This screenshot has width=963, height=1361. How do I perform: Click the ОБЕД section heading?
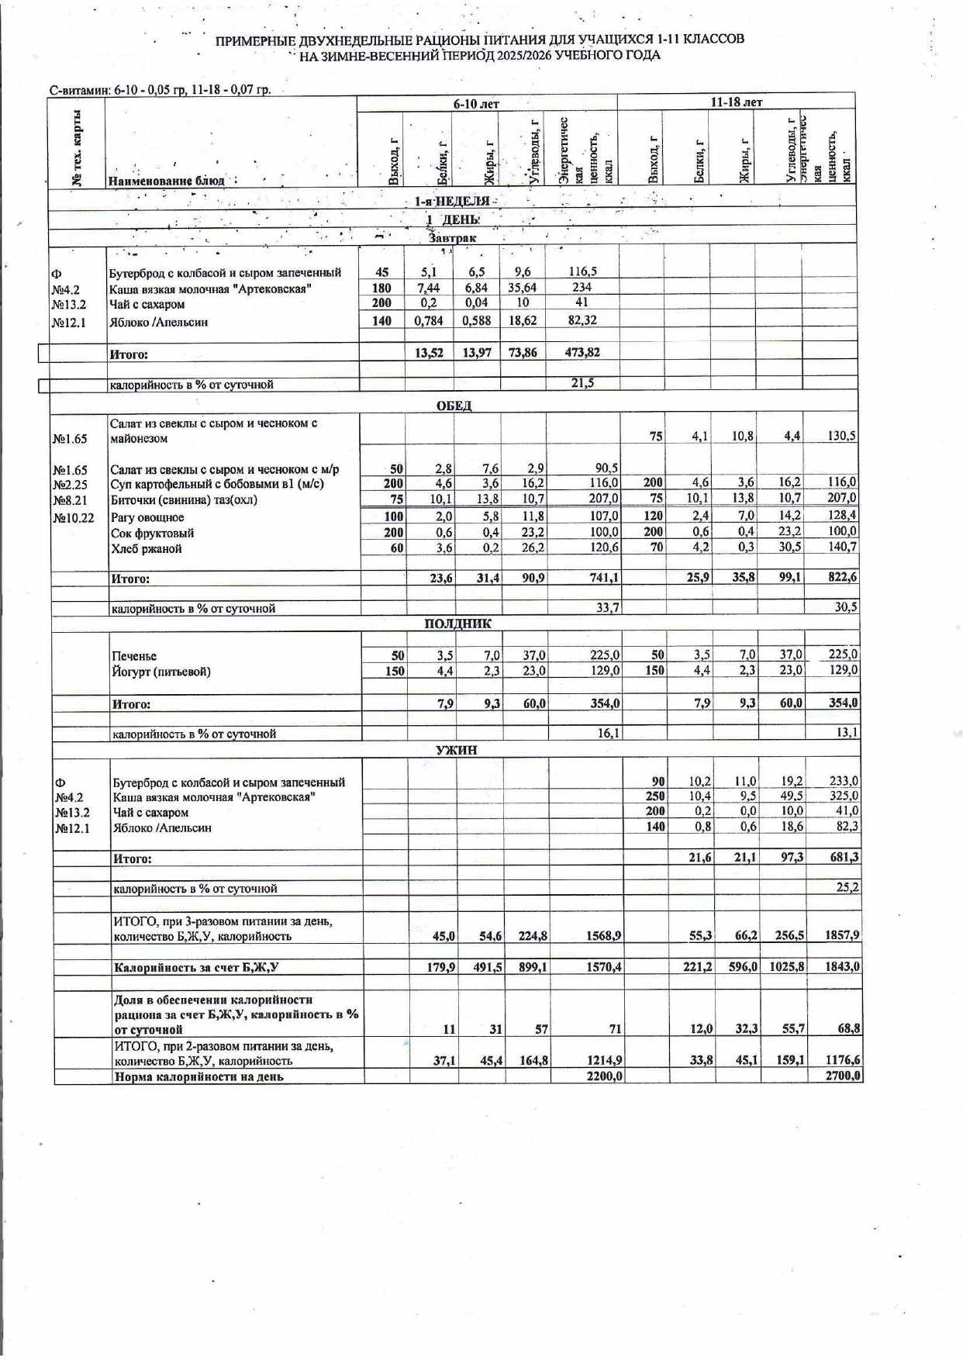pos(454,406)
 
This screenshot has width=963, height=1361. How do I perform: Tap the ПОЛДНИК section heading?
pos(457,624)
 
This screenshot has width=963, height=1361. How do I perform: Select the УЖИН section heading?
pos(457,750)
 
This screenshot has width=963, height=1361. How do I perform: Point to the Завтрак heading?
pos(453,238)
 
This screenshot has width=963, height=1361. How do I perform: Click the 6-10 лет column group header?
pos(476,103)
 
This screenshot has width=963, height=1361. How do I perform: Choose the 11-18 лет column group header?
pos(736,102)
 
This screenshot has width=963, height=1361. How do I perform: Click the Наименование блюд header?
pos(167,181)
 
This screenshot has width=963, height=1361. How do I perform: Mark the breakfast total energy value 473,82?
pos(582,352)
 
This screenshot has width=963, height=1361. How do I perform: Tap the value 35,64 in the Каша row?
pos(522,288)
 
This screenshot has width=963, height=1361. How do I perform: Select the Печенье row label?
pos(134,656)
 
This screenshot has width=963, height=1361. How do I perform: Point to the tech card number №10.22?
pos(74,517)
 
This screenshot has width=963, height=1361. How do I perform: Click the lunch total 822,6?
pos(841,578)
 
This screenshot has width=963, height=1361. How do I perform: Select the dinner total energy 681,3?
pos(844,857)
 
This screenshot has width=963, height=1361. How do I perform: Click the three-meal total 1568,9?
pos(603,936)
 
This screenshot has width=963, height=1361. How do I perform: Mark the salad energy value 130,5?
pos(841,436)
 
